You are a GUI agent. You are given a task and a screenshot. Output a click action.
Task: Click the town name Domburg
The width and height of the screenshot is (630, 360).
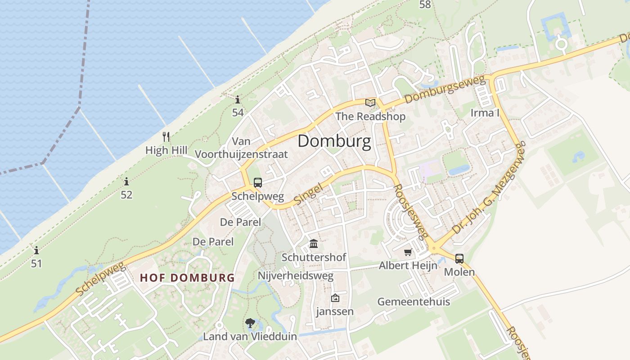pos(334,141)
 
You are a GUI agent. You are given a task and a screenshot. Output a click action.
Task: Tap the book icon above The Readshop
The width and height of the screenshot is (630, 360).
pos(370,103)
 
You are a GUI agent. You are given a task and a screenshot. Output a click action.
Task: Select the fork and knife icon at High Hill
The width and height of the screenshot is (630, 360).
pos(166,137)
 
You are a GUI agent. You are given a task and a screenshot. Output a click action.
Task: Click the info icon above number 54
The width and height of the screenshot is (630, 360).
pos(238,99)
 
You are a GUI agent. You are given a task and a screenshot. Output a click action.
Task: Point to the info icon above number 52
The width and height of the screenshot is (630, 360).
pos(126,182)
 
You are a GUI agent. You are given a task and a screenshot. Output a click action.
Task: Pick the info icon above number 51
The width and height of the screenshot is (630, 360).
pos(36,250)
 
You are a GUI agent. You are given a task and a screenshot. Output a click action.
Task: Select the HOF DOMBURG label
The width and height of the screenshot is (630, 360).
pos(187,278)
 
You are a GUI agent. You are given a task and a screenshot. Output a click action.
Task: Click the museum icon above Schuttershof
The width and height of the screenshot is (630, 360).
pos(314,244)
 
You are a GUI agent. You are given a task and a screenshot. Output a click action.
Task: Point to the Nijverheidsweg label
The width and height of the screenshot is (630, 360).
pos(296,275)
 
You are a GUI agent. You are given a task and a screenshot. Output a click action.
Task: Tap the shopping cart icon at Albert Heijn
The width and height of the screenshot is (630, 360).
pos(408,252)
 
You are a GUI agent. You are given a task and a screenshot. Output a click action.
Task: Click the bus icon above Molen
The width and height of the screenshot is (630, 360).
pos(459,259)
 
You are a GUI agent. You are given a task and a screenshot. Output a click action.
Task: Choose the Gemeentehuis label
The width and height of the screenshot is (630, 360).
pos(414,301)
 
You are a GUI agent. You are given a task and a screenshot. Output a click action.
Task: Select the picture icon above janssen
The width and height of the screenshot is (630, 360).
pos(335,298)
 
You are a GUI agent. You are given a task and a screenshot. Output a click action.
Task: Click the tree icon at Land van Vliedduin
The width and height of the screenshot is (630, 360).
pos(250,323)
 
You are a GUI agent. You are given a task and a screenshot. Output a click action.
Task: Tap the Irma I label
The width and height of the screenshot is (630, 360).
pos(485,113)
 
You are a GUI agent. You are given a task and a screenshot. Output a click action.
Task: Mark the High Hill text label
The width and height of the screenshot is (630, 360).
pos(166,150)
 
